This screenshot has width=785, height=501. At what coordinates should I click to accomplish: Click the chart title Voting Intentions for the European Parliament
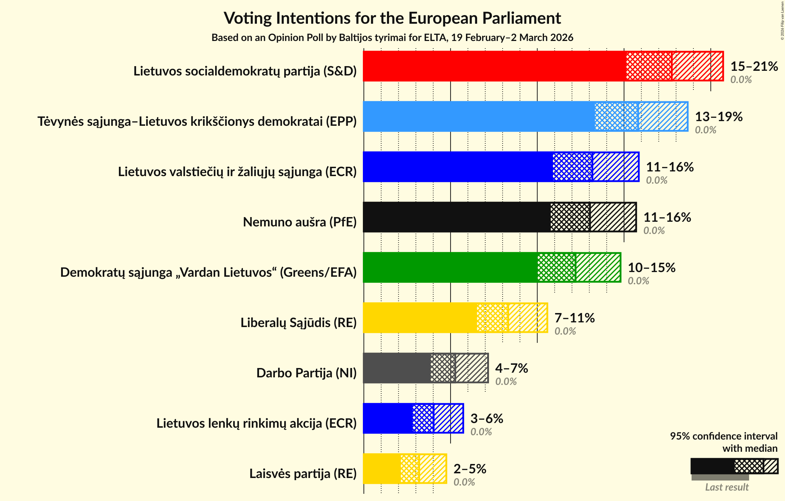pyautogui.click(x=392, y=18)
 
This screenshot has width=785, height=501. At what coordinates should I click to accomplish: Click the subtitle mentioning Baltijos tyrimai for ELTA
pyautogui.click(x=392, y=38)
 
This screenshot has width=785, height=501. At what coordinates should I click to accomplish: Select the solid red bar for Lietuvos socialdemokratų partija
pyautogui.click(x=494, y=66)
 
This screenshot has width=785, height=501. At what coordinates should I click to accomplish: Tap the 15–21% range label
pyautogui.click(x=754, y=66)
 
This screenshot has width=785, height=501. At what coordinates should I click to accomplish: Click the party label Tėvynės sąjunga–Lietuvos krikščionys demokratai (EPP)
pyautogui.click(x=197, y=121)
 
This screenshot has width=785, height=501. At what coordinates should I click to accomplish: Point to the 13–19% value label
pyautogui.click(x=719, y=117)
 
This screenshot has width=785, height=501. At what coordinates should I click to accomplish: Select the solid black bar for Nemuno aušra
pyautogui.click(x=456, y=217)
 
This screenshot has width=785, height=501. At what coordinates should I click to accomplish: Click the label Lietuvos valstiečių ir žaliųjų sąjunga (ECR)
pyautogui.click(x=237, y=172)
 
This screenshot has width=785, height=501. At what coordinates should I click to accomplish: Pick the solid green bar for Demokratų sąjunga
pyautogui.click(x=450, y=267)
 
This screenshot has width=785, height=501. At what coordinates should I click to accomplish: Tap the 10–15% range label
pyautogui.click(x=651, y=268)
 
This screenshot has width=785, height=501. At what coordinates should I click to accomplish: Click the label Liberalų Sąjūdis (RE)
pyautogui.click(x=298, y=323)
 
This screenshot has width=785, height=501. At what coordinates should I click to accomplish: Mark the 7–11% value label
pyautogui.click(x=574, y=318)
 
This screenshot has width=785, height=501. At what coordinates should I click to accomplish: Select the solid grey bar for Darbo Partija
pyautogui.click(x=397, y=368)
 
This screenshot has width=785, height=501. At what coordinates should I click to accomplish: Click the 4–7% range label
pyautogui.click(x=511, y=368)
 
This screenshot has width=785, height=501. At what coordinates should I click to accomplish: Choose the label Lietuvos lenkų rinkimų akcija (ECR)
pyautogui.click(x=256, y=423)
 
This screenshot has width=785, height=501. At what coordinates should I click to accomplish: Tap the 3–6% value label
pyautogui.click(x=486, y=419)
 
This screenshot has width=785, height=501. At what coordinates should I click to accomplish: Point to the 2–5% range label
pyautogui.click(x=470, y=469)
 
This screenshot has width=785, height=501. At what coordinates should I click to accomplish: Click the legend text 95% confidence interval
pyautogui.click(x=723, y=436)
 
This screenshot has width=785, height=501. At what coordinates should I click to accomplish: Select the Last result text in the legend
pyautogui.click(x=726, y=487)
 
